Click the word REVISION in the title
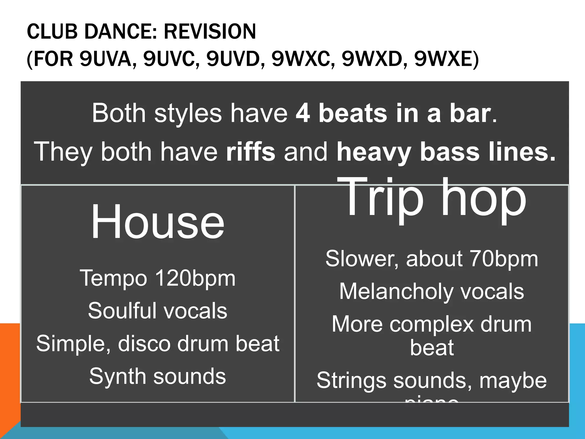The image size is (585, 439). (x=210, y=31)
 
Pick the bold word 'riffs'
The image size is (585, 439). (x=251, y=152)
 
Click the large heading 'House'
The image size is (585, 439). (x=157, y=222)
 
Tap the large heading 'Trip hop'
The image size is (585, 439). (x=431, y=197)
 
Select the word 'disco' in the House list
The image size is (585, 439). (x=144, y=344)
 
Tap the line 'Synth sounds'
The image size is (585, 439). (x=157, y=376)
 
